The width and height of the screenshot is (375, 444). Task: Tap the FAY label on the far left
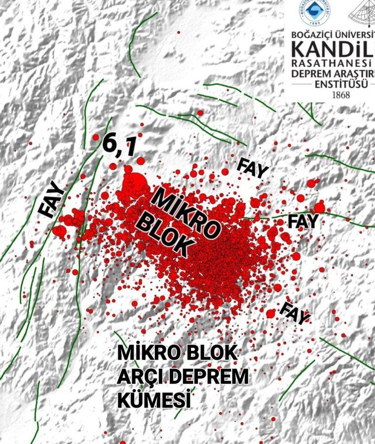(52, 199)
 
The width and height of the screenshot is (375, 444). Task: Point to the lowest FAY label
(295, 312)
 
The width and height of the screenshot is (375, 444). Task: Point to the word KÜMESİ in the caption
(154, 399)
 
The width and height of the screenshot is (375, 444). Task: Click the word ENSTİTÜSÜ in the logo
(341, 84)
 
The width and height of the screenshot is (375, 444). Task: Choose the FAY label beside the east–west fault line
(303, 221)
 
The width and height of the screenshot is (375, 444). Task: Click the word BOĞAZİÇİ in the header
(311, 36)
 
